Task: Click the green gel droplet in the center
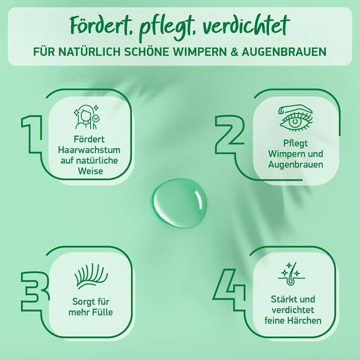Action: pyautogui.click(x=180, y=203)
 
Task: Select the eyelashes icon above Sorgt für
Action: pyautogui.click(x=90, y=278)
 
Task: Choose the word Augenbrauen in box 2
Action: pyautogui.click(x=287, y=165)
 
